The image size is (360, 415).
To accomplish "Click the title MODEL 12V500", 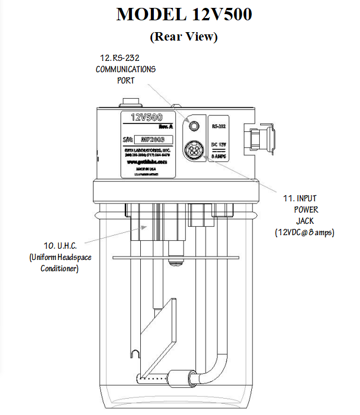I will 184,14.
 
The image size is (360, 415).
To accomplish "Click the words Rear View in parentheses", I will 184,37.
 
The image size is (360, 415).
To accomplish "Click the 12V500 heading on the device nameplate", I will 146,117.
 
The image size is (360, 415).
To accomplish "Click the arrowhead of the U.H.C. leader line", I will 149,226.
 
